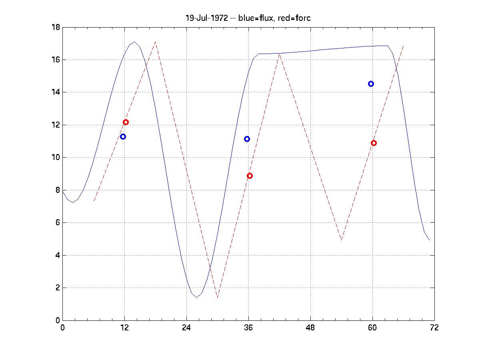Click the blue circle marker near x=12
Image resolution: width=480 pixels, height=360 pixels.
coord(123,136)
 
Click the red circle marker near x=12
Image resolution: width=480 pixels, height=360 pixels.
coord(126,122)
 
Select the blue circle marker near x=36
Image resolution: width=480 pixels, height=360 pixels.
coord(247,139)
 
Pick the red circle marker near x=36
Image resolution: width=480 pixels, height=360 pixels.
coord(250,176)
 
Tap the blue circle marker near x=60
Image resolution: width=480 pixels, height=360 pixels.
coord(371,84)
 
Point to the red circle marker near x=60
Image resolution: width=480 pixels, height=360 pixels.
coord(374,143)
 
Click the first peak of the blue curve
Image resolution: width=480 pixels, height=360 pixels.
coord(135,42)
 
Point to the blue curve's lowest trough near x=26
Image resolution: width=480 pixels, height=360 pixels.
coord(196,298)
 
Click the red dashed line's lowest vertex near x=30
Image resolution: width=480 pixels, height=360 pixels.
coord(217,298)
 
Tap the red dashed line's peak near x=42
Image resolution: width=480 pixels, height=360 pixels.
coord(279,54)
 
